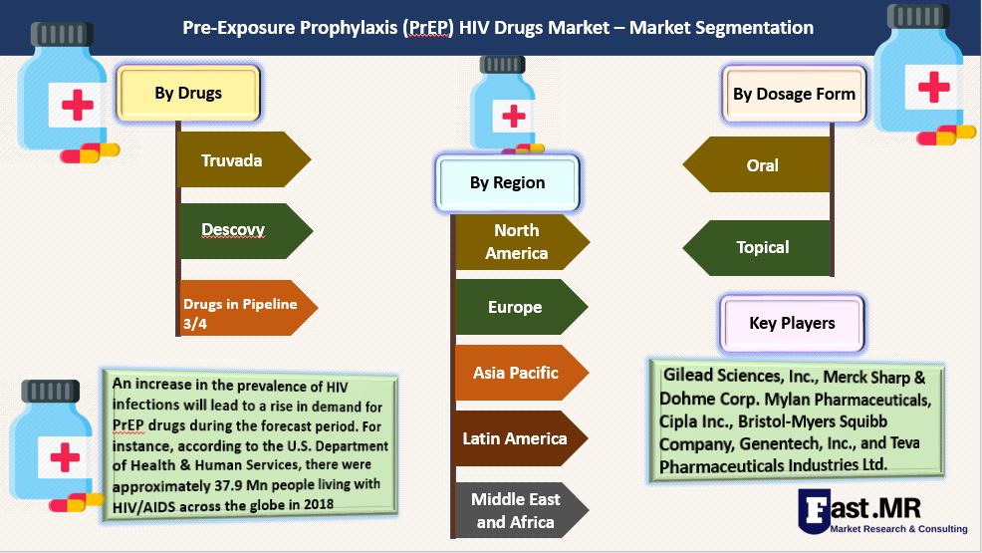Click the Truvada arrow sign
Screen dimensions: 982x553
coord(244,159)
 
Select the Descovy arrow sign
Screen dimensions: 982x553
coord(245,230)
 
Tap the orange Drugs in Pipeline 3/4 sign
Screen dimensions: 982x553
coord(247,308)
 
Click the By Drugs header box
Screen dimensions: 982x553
coord(188,94)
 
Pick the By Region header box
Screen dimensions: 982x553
coord(507,183)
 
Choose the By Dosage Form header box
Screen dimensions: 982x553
coord(794,94)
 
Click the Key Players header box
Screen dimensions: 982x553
coord(792,323)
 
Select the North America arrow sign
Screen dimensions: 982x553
coord(522,242)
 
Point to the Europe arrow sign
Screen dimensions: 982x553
coord(521,307)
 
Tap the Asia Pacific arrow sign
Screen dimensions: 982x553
coord(521,373)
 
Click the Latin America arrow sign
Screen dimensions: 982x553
coord(521,438)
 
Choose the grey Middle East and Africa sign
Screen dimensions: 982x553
coord(521,510)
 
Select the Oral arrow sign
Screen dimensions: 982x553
coord(756,164)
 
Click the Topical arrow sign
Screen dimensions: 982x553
coord(756,248)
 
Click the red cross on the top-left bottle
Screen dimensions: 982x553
coord(78,105)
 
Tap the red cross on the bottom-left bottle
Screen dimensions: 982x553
coord(65,457)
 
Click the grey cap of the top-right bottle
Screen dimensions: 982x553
coord(918,16)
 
